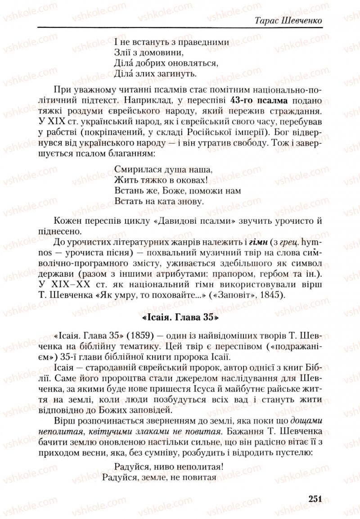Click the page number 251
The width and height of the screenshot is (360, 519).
pos(315,498)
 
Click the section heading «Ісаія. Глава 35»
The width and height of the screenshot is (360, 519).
pos(180,317)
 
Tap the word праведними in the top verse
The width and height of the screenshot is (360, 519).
pos(204,42)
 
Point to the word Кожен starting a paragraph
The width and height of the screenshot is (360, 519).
pos(65,221)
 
